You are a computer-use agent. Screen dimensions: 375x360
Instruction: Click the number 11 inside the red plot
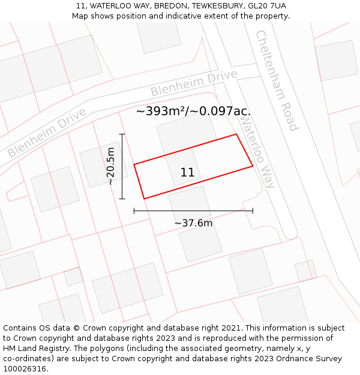click(x=187, y=173)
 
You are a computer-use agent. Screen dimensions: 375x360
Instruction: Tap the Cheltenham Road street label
click(x=277, y=80)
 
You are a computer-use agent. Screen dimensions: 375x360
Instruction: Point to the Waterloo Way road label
click(x=257, y=151)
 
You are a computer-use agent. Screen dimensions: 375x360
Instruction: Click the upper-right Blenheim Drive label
click(x=193, y=83)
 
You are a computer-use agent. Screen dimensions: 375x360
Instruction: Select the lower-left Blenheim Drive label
click(x=47, y=133)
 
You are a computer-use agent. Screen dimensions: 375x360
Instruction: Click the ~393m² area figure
click(x=161, y=111)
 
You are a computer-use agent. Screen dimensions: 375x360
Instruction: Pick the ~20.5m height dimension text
click(x=110, y=166)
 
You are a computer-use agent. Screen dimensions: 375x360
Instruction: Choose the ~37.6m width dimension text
click(x=193, y=223)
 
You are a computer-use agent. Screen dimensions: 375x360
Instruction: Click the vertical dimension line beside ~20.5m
click(x=122, y=166)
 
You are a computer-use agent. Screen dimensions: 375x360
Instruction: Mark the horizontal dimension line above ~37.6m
click(x=193, y=211)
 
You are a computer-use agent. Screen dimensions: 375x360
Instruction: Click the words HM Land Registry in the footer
click(x=31, y=349)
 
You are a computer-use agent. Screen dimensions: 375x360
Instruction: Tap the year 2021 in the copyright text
click(x=231, y=328)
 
